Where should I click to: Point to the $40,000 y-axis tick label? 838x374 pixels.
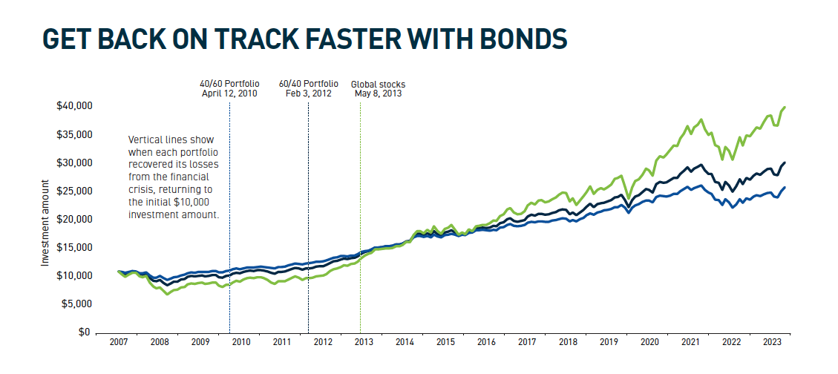point(74,106)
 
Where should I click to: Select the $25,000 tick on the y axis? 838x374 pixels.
point(74,191)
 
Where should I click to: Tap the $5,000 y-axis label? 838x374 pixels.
point(77,304)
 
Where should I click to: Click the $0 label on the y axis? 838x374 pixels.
point(85,332)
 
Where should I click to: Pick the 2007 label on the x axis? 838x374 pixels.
point(119,343)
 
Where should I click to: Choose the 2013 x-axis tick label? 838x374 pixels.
point(363,343)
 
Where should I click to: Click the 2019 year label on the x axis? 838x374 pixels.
point(608,343)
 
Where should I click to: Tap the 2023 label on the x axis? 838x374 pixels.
point(771,343)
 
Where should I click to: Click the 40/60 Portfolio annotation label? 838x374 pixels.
point(229,84)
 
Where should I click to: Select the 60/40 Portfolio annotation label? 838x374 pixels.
point(308,84)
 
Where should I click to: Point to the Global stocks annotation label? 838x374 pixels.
point(378,84)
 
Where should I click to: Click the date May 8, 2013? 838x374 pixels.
point(378,93)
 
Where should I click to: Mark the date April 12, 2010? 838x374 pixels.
point(229,93)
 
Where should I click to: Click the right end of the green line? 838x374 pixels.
point(785,108)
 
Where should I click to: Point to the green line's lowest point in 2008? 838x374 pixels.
point(168,294)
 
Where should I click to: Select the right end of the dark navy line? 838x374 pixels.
point(785,163)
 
